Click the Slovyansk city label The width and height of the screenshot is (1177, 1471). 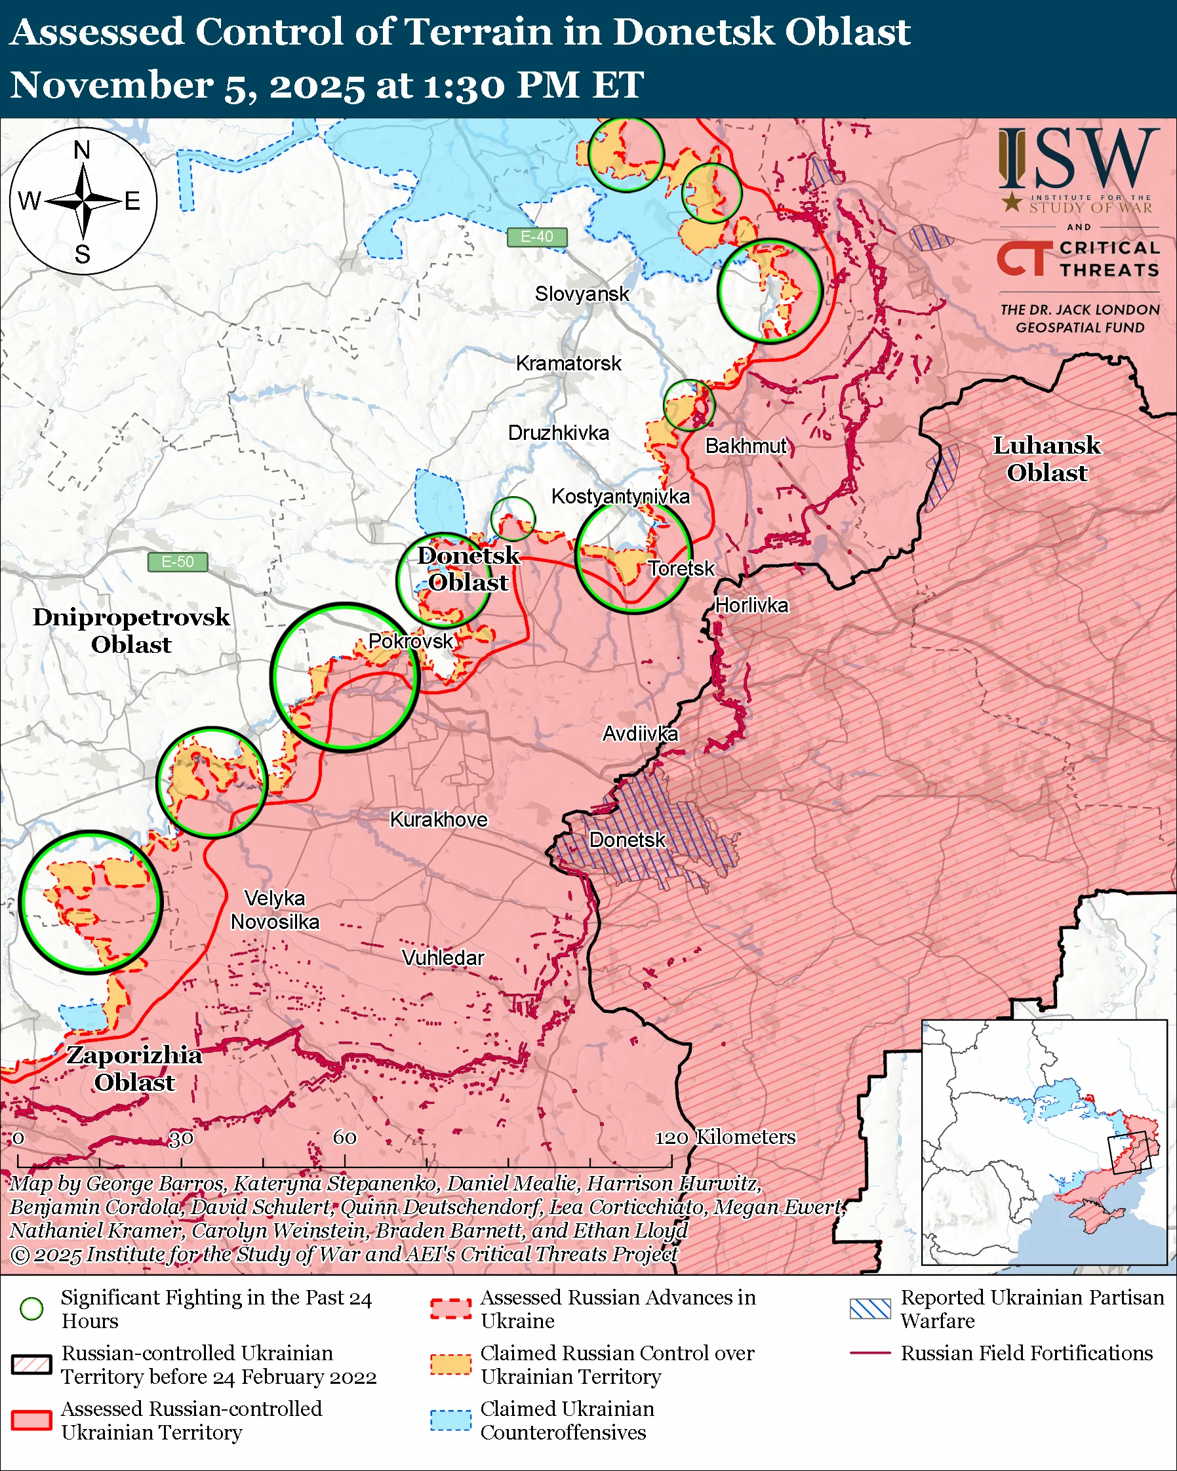click(x=582, y=294)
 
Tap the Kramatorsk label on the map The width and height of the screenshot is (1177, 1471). click(x=568, y=364)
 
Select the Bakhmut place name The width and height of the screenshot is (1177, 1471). click(x=746, y=446)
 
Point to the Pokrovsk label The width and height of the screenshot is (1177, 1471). click(x=410, y=641)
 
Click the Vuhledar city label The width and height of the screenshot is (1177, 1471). click(x=443, y=958)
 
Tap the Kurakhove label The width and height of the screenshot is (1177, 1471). click(x=438, y=819)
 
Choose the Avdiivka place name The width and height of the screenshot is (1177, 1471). click(x=640, y=734)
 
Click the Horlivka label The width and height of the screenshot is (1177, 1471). click(x=751, y=606)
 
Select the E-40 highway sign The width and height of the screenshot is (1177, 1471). click(x=537, y=237)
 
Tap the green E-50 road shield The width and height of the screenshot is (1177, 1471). click(x=178, y=562)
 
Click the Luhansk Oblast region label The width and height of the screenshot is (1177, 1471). click(x=1046, y=459)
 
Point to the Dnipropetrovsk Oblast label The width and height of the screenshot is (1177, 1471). click(x=131, y=631)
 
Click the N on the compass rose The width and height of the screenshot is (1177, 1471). click(x=82, y=149)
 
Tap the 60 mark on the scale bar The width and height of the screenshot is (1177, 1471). click(x=344, y=1137)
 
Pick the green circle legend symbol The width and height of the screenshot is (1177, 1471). click(x=31, y=1308)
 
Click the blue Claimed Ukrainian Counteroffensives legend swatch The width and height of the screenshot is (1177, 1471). click(x=450, y=1420)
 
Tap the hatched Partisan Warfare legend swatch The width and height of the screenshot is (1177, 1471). click(x=870, y=1308)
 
